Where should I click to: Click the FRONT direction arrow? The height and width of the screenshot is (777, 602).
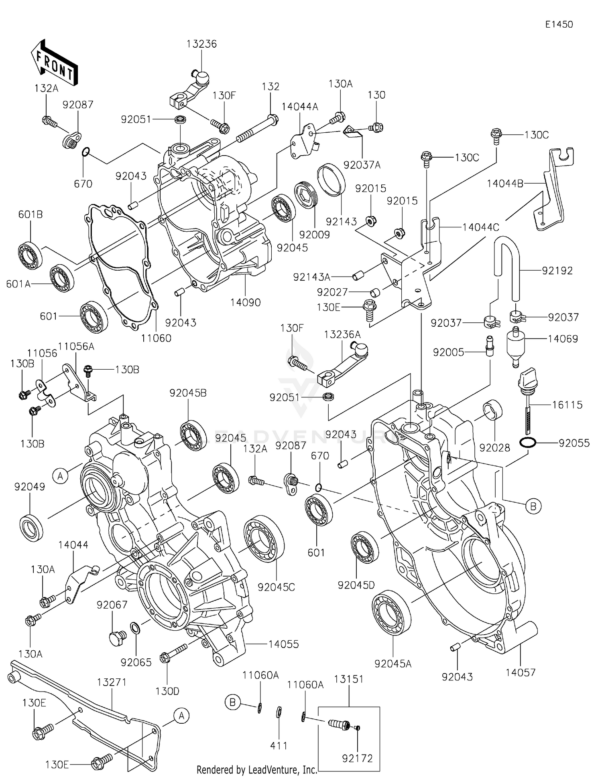point(54,63)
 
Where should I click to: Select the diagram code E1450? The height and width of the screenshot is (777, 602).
point(559,24)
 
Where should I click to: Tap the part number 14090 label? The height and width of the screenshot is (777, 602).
point(245,302)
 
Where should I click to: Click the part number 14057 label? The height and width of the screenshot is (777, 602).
point(520,672)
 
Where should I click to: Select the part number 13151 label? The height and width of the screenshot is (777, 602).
point(348,679)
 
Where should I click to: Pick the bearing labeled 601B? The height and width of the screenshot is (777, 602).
point(31,256)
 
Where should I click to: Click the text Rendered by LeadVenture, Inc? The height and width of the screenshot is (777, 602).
point(256,769)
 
